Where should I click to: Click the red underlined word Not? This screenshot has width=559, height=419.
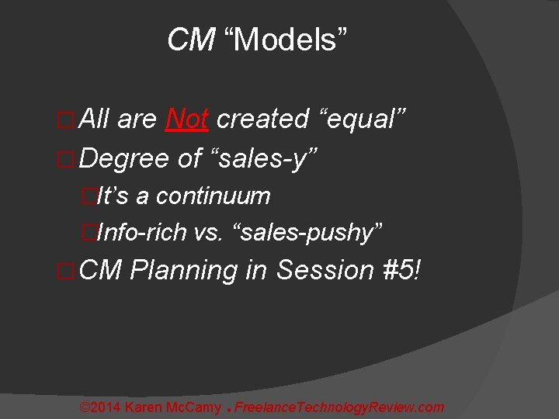[x=186, y=119]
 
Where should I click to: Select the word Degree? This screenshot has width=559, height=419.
[x=124, y=158]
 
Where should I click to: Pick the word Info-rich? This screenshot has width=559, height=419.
[x=143, y=231]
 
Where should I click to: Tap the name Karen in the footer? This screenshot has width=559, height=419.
[x=144, y=407]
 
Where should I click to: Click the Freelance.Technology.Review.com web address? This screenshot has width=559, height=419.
[x=339, y=407]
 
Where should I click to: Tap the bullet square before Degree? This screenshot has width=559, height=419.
[x=67, y=159]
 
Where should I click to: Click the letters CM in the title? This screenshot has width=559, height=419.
[x=191, y=40]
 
